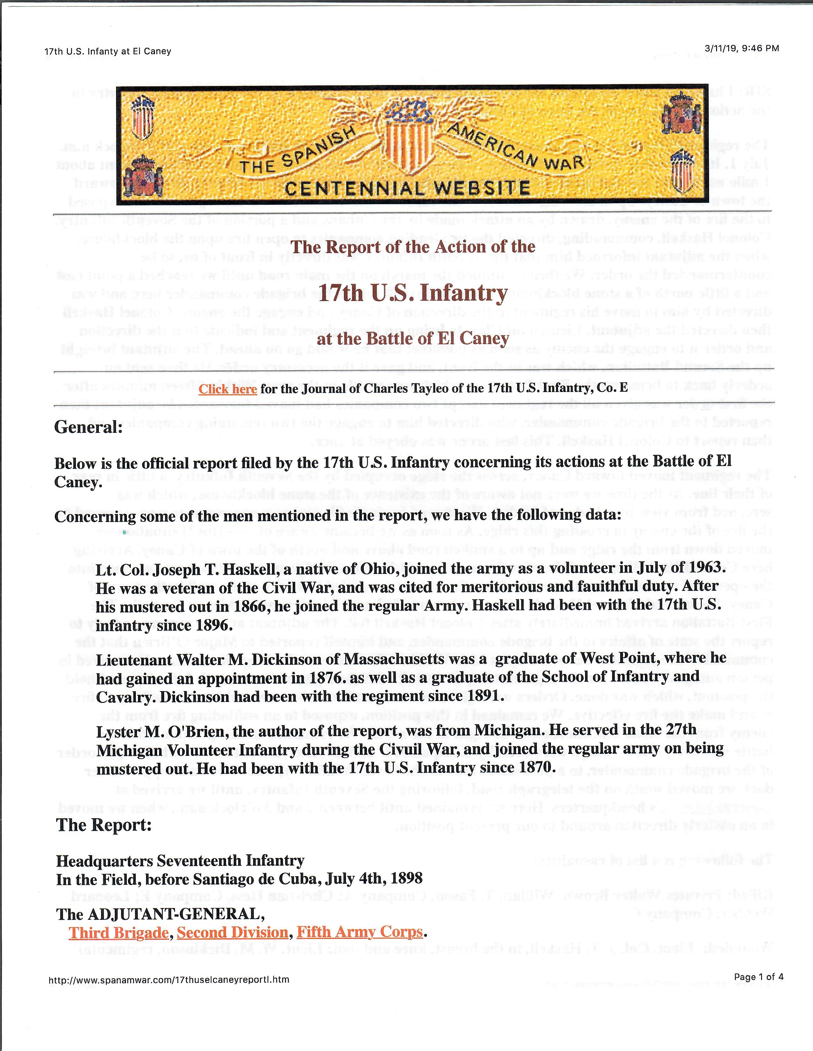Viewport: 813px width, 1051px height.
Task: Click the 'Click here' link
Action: coord(228,389)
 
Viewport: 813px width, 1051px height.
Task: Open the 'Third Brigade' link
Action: coord(119,932)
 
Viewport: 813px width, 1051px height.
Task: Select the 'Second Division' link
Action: coord(233,932)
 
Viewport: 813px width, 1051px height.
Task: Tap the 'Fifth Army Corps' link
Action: coord(359,932)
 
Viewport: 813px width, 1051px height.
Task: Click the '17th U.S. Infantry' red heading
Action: coord(413,293)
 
